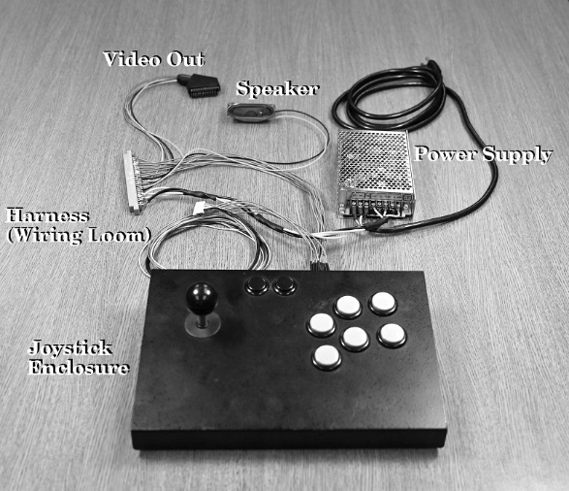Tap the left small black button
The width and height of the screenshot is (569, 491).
pos(257,285)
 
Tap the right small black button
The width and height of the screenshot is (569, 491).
pos(285,285)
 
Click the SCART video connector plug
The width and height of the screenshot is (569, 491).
pos(198,85)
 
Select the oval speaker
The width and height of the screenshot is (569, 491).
pos(251,113)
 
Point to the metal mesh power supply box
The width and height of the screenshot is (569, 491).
pos(374,174)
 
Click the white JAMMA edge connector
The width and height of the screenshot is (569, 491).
pos(132,182)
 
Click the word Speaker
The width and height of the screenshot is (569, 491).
pos(277,89)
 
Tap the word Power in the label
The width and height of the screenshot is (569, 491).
pos(445,153)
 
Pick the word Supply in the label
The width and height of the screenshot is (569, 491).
pos(517,154)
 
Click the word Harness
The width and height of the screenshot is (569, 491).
pos(47,215)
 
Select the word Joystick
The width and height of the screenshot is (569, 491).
pos(70,348)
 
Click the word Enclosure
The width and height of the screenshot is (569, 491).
pos(79,367)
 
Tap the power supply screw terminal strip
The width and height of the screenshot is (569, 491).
pos(377,204)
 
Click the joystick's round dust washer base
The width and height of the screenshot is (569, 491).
pos(203,325)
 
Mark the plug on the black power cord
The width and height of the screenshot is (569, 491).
pos(431,66)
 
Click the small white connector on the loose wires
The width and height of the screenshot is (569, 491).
pos(200,208)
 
